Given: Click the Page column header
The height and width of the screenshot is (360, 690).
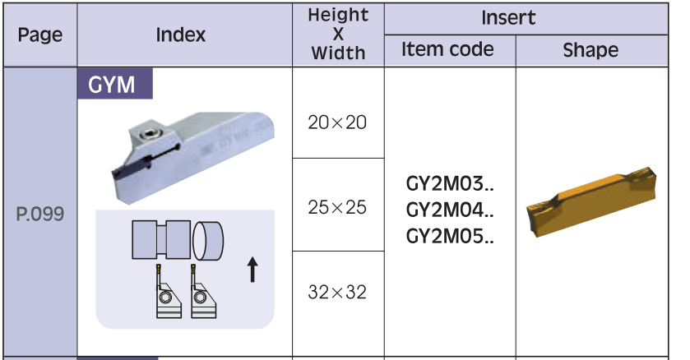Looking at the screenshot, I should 40,35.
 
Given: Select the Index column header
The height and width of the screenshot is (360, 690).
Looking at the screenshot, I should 181,35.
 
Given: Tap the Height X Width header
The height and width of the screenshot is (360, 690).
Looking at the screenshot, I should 337,35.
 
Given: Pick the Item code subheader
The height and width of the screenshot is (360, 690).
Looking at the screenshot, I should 447,50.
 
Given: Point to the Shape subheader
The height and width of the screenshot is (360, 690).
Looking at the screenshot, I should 590,50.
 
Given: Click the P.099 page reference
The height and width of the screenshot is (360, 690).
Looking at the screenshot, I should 40,215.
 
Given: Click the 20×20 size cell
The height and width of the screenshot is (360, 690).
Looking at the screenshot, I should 337,123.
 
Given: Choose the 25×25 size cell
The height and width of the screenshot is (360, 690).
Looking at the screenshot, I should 337,207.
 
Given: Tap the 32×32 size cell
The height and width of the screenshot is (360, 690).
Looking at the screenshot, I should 337,293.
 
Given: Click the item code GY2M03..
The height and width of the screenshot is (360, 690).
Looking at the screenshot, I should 448,182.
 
